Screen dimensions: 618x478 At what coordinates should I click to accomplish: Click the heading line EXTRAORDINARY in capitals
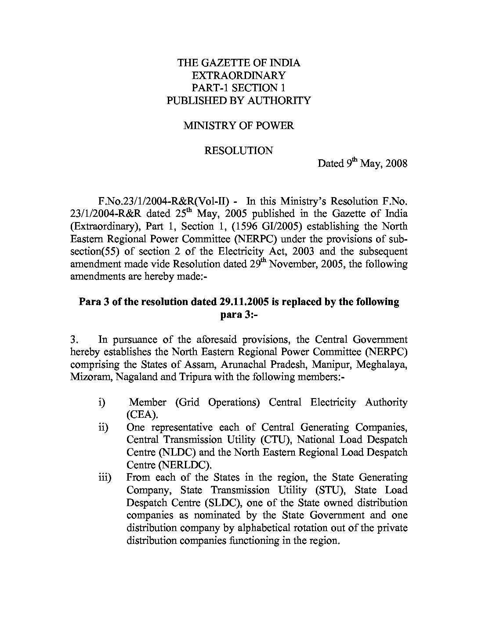(x=239, y=75)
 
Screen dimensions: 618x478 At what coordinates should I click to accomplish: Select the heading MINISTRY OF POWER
(x=239, y=126)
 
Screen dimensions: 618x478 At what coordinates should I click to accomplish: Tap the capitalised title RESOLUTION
(x=239, y=151)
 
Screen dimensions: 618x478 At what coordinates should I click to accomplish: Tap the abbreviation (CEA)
(x=140, y=415)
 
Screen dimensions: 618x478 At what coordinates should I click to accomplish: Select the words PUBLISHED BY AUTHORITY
(x=239, y=101)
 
